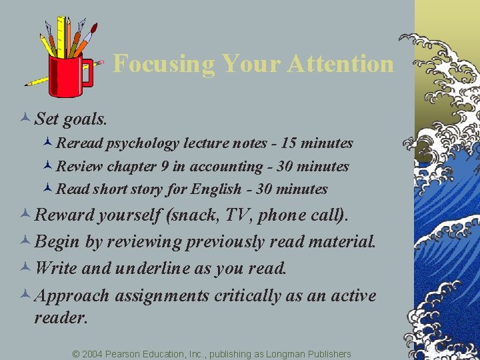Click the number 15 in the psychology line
click(287, 143)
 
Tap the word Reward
click(65, 215)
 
